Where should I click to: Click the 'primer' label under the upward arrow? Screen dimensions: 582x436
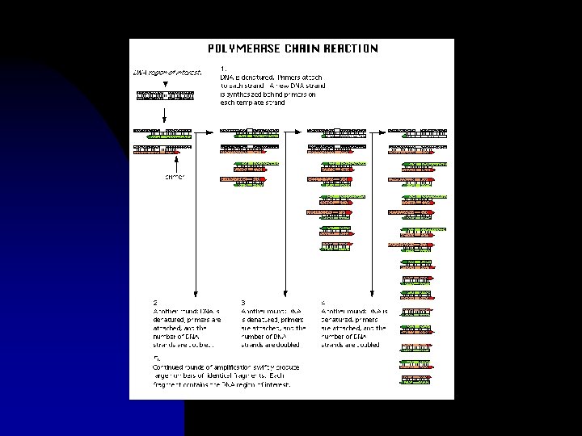pos(175,177)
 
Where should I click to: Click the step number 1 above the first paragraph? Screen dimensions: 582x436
pos(223,68)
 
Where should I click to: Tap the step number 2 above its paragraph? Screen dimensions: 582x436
pos(156,303)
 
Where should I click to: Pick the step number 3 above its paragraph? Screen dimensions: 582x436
pos(242,303)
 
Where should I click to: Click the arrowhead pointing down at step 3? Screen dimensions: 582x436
pos(284,291)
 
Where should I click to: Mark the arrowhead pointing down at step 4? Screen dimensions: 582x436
pos(371,291)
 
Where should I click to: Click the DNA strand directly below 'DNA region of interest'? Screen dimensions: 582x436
pos(165,97)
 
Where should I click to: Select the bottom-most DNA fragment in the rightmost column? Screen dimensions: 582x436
pos(415,379)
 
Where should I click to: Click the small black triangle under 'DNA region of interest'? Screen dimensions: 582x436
pos(165,83)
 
